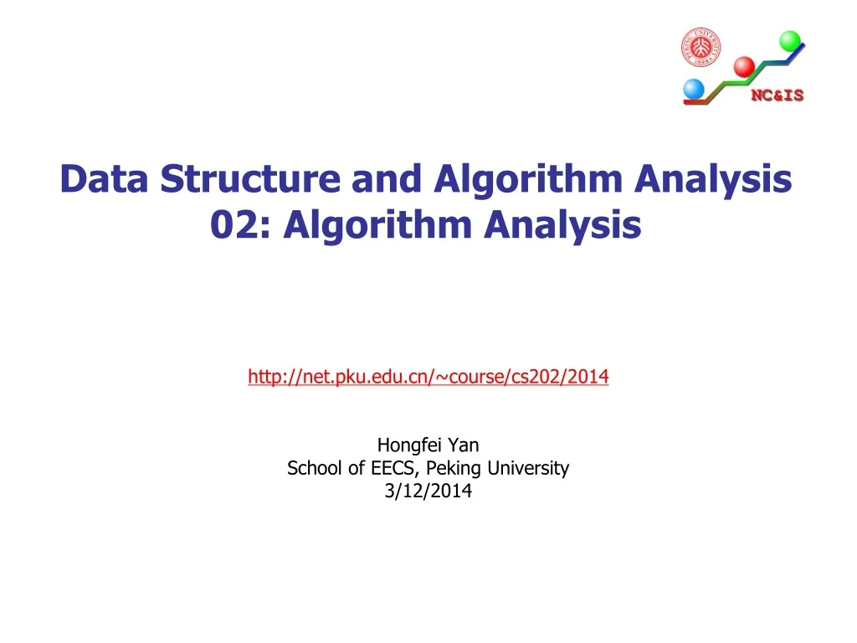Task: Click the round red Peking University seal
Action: [700, 47]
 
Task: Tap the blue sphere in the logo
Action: [694, 89]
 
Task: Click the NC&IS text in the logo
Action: [777, 95]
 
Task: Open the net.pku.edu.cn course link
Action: [428, 378]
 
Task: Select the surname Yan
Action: [463, 445]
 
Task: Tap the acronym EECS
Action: [382, 469]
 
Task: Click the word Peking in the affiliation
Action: [454, 469]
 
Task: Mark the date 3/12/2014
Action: [428, 491]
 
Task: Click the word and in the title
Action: [382, 179]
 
